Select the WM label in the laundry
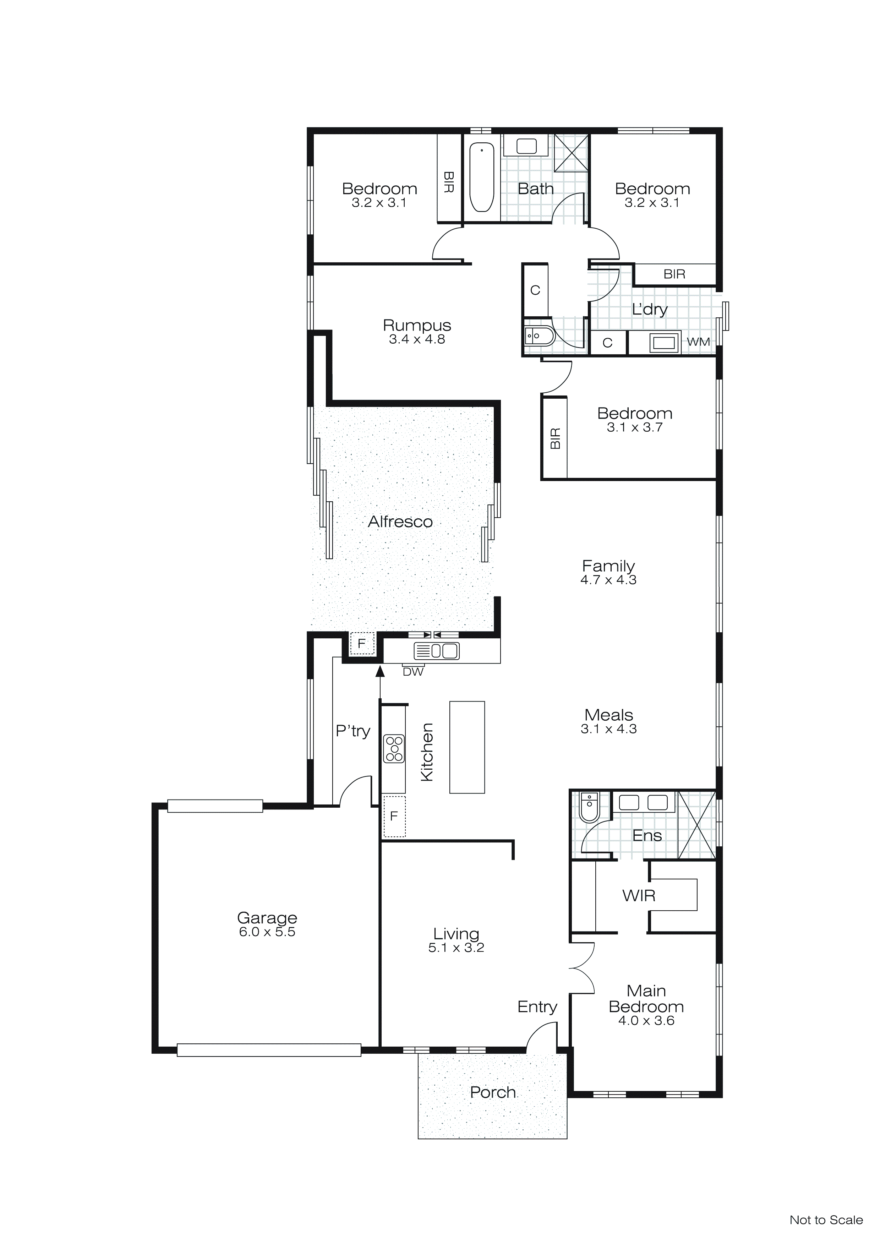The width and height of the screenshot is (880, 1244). click(x=698, y=342)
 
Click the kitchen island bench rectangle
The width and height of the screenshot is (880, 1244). click(x=466, y=747)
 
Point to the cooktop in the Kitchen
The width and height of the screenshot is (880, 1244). click(x=394, y=748)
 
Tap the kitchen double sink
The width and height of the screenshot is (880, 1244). click(x=436, y=651)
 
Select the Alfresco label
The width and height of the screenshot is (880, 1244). click(x=400, y=522)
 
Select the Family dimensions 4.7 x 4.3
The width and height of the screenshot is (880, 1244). click(x=608, y=580)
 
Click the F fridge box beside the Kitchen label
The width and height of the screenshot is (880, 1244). click(x=394, y=816)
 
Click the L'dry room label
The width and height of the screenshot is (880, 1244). click(x=649, y=309)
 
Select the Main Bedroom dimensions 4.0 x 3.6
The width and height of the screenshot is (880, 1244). click(x=646, y=1021)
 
